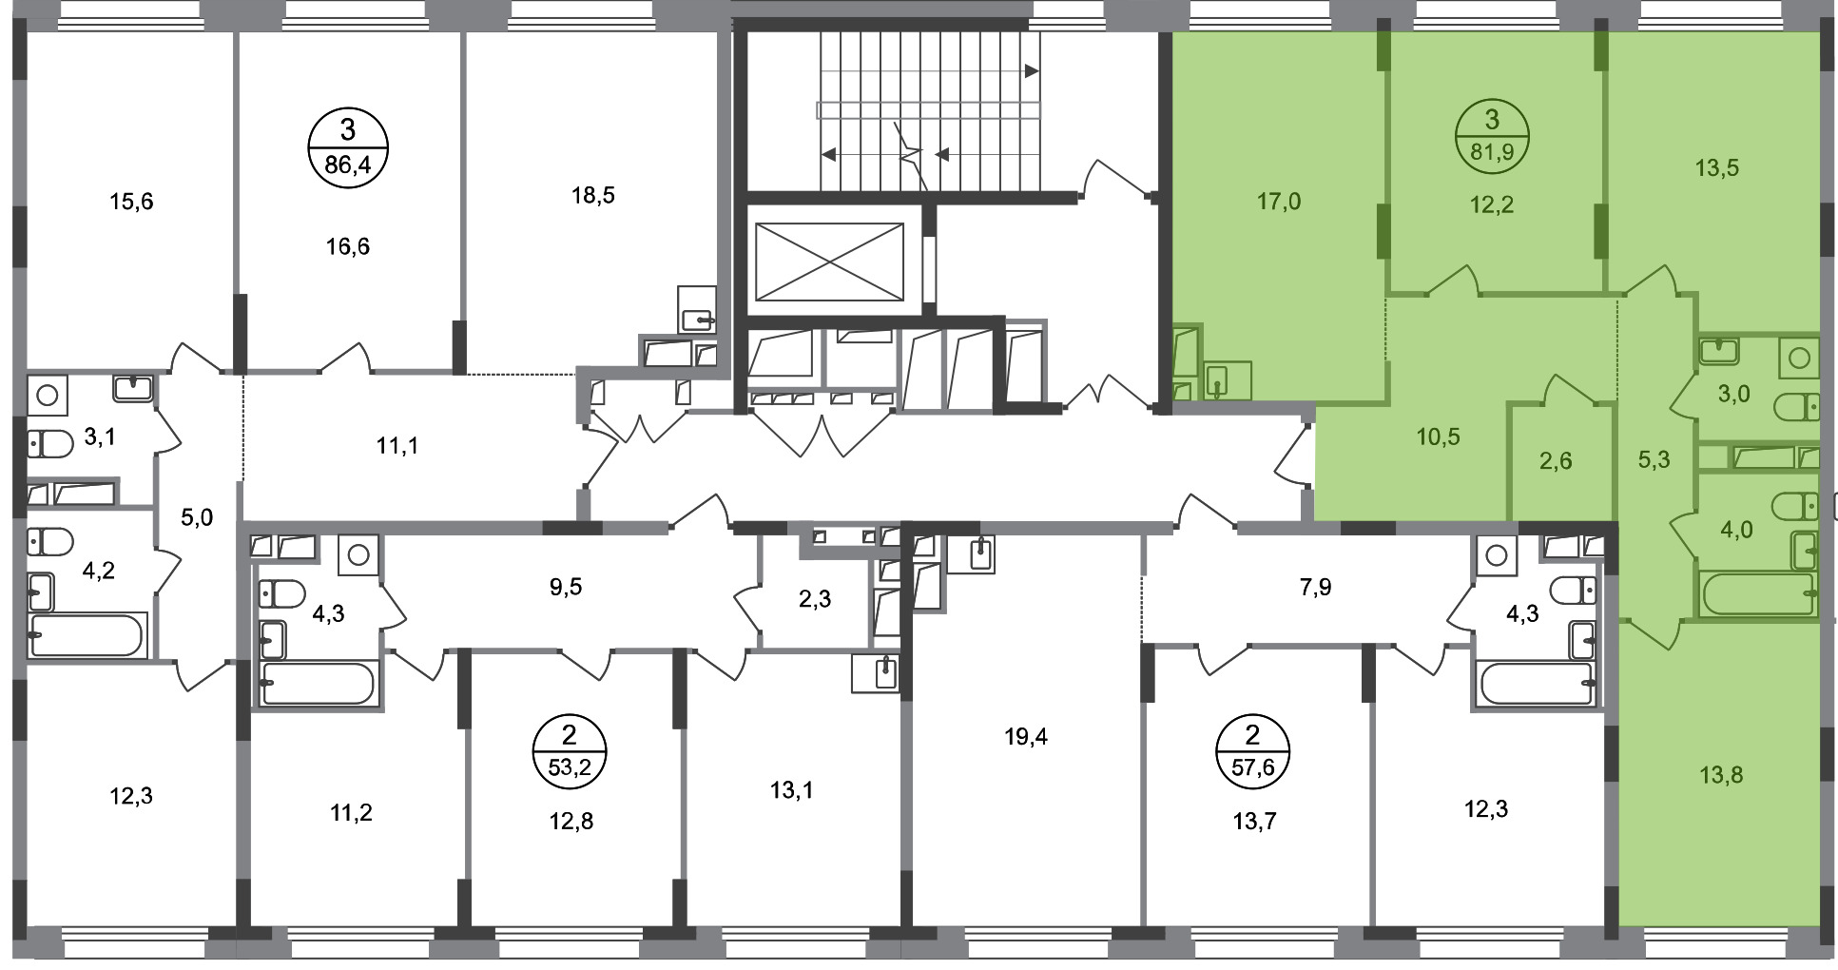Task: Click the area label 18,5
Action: [x=593, y=196]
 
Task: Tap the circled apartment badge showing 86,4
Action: [x=348, y=150]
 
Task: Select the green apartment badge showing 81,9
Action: [x=1492, y=136]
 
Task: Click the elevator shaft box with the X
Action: [x=828, y=261]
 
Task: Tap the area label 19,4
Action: [x=1026, y=737]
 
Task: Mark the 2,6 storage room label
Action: [x=1556, y=462]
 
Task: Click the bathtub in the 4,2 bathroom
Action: [x=87, y=634]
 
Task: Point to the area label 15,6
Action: [x=131, y=202]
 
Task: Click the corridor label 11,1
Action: [x=397, y=445]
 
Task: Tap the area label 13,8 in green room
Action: [x=1721, y=776]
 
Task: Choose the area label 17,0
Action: [x=1279, y=202]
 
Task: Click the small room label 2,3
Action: [x=816, y=599]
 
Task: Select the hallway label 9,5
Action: [x=566, y=587]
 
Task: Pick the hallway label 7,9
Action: [x=1315, y=587]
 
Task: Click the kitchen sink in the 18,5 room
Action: [x=698, y=309]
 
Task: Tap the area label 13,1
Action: [x=792, y=789]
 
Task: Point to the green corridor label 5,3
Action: [x=1654, y=460]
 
